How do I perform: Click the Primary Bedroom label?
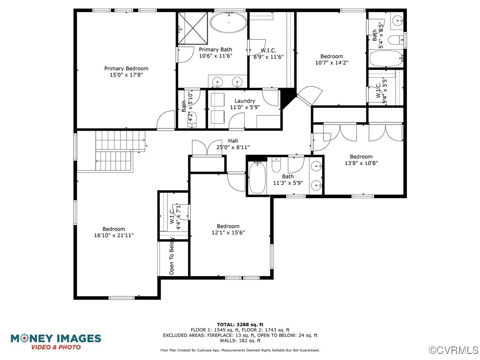pyautogui.click(x=126, y=68)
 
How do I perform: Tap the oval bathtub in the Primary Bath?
pyautogui.click(x=228, y=22)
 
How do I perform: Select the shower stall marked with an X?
pyautogui.click(x=193, y=28)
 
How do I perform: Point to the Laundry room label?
pyautogui.click(x=245, y=101)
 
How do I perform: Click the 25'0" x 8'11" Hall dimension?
pyautogui.click(x=233, y=147)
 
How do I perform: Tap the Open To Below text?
pyautogui.click(x=172, y=256)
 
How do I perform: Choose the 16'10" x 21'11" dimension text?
pyautogui.click(x=114, y=235)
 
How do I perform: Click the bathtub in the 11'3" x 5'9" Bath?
pyautogui.click(x=257, y=178)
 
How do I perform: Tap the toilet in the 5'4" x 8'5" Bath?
pyautogui.click(x=395, y=40)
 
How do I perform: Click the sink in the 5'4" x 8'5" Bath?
pyautogui.click(x=397, y=21)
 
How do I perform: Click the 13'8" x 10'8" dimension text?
pyautogui.click(x=361, y=163)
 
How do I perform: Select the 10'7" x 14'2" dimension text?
pyautogui.click(x=332, y=63)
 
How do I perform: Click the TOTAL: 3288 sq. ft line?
pyautogui.click(x=240, y=324)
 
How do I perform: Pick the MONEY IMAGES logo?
pyautogui.click(x=56, y=342)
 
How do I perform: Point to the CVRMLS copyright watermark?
pyautogui.click(x=454, y=350)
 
